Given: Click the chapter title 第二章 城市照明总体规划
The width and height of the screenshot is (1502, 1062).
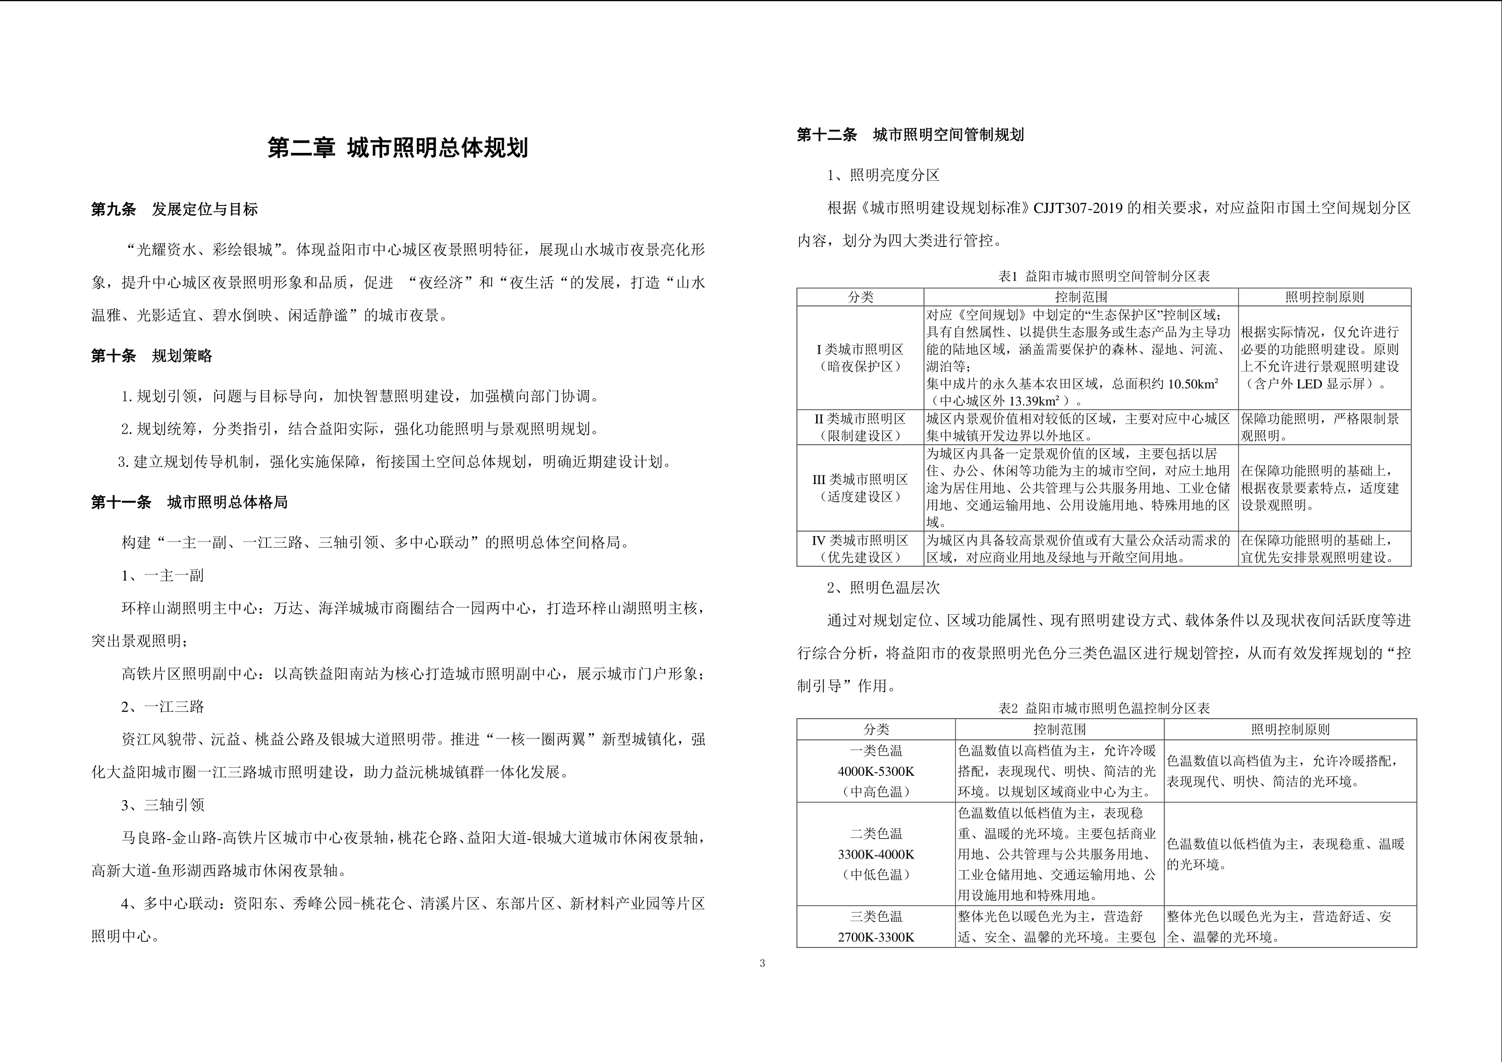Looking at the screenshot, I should pyautogui.click(x=398, y=148).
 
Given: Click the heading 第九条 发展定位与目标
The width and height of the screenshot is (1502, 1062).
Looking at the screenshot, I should pyautogui.click(x=174, y=209).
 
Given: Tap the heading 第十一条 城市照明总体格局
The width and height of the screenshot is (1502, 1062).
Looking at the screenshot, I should pyautogui.click(x=189, y=503).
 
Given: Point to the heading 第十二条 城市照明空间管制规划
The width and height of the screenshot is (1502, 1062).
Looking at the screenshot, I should pyautogui.click(x=910, y=135).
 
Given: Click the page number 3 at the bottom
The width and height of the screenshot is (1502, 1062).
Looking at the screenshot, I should pyautogui.click(x=762, y=963).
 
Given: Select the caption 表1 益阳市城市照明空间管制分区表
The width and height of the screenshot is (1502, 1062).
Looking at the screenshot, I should pyautogui.click(x=1104, y=276).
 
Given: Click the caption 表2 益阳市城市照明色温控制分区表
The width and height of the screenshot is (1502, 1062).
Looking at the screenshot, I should pyautogui.click(x=1104, y=708).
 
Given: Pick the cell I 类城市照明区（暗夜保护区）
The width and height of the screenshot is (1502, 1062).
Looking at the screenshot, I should pyautogui.click(x=860, y=358).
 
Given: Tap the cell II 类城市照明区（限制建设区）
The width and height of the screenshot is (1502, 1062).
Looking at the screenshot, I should pyautogui.click(x=860, y=428).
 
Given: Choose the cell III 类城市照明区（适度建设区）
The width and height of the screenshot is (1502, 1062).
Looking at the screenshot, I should pyautogui.click(x=860, y=488).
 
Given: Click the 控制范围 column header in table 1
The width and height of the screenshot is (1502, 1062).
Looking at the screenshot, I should pyautogui.click(x=1081, y=297).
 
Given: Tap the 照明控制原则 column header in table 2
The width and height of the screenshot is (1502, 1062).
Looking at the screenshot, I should pyautogui.click(x=1290, y=729).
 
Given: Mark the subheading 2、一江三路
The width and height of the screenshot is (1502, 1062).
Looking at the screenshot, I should pyautogui.click(x=163, y=707).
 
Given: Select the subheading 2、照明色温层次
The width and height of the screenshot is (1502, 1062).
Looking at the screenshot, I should pyautogui.click(x=883, y=588).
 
